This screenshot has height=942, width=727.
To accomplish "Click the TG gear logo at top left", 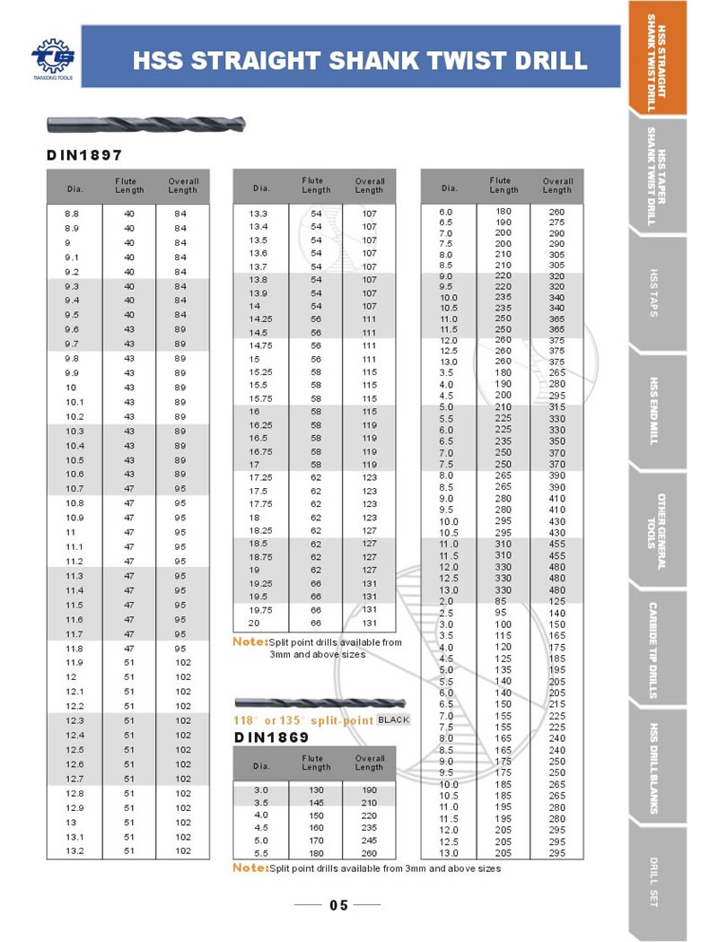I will tap(53, 57).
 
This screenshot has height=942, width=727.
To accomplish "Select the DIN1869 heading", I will tap(272, 737).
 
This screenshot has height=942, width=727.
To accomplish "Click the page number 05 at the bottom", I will tap(338, 904).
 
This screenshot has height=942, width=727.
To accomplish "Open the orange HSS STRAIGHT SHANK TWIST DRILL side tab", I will tap(657, 61).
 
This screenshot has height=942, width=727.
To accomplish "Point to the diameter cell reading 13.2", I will tap(73, 850).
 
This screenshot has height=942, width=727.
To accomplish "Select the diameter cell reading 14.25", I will tap(261, 319).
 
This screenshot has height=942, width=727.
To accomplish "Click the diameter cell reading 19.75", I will tap(261, 609).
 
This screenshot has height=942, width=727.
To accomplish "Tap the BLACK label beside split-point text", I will tap(393, 720).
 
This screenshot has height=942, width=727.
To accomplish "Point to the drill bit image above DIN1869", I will tap(319, 702).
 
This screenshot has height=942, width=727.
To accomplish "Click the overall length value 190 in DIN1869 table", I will tap(369, 789).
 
